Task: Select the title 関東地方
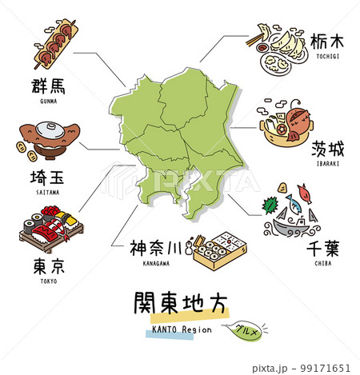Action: tap(180, 305)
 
